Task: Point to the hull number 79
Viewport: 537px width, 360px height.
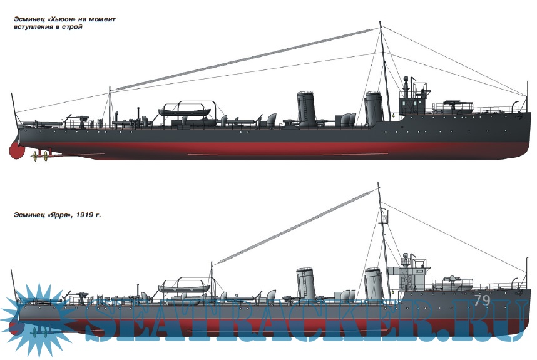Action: click(482, 300)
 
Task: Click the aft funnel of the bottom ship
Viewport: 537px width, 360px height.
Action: click(304, 284)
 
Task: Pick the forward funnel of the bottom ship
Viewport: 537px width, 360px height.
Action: click(374, 283)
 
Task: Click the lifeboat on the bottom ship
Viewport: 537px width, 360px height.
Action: click(185, 288)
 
